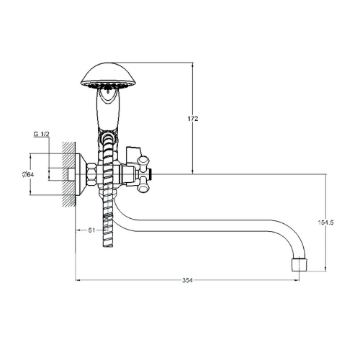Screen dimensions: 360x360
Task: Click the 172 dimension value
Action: [x=193, y=119]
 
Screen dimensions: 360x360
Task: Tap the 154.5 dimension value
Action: [x=325, y=222]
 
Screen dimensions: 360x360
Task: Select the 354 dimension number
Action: [x=187, y=280]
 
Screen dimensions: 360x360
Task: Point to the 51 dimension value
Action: [x=91, y=230]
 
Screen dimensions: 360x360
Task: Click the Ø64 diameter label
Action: [x=27, y=174]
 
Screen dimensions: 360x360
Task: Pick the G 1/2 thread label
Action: [x=41, y=134]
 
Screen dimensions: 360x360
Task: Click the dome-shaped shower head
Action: [x=108, y=75]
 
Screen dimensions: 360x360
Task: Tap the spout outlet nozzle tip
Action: [x=299, y=264]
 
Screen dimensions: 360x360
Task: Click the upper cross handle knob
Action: [x=143, y=162]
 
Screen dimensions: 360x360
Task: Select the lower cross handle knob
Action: [x=143, y=185]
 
